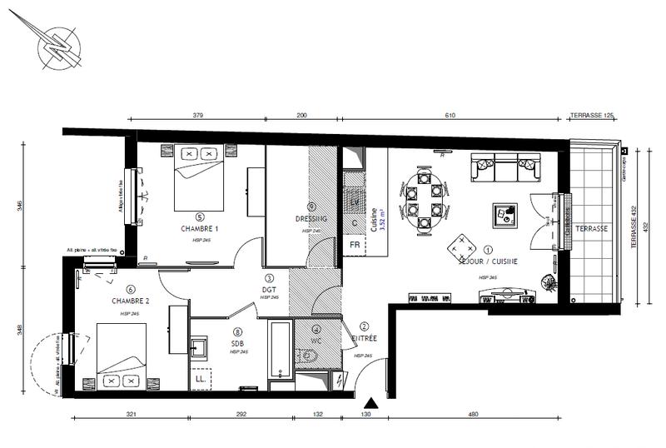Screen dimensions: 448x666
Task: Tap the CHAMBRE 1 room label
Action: pos(199,228)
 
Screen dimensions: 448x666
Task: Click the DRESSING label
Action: pos(311,219)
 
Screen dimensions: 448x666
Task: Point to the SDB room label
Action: pos(238,342)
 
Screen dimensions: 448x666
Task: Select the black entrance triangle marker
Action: pos(372,404)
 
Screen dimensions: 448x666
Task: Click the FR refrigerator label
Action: pos(354,246)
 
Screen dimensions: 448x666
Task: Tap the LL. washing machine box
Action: pos(201,379)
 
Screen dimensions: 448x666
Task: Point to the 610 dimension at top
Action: pos(450,116)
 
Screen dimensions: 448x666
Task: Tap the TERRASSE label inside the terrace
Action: pos(592,228)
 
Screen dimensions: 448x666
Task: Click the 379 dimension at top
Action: pos(198,116)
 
